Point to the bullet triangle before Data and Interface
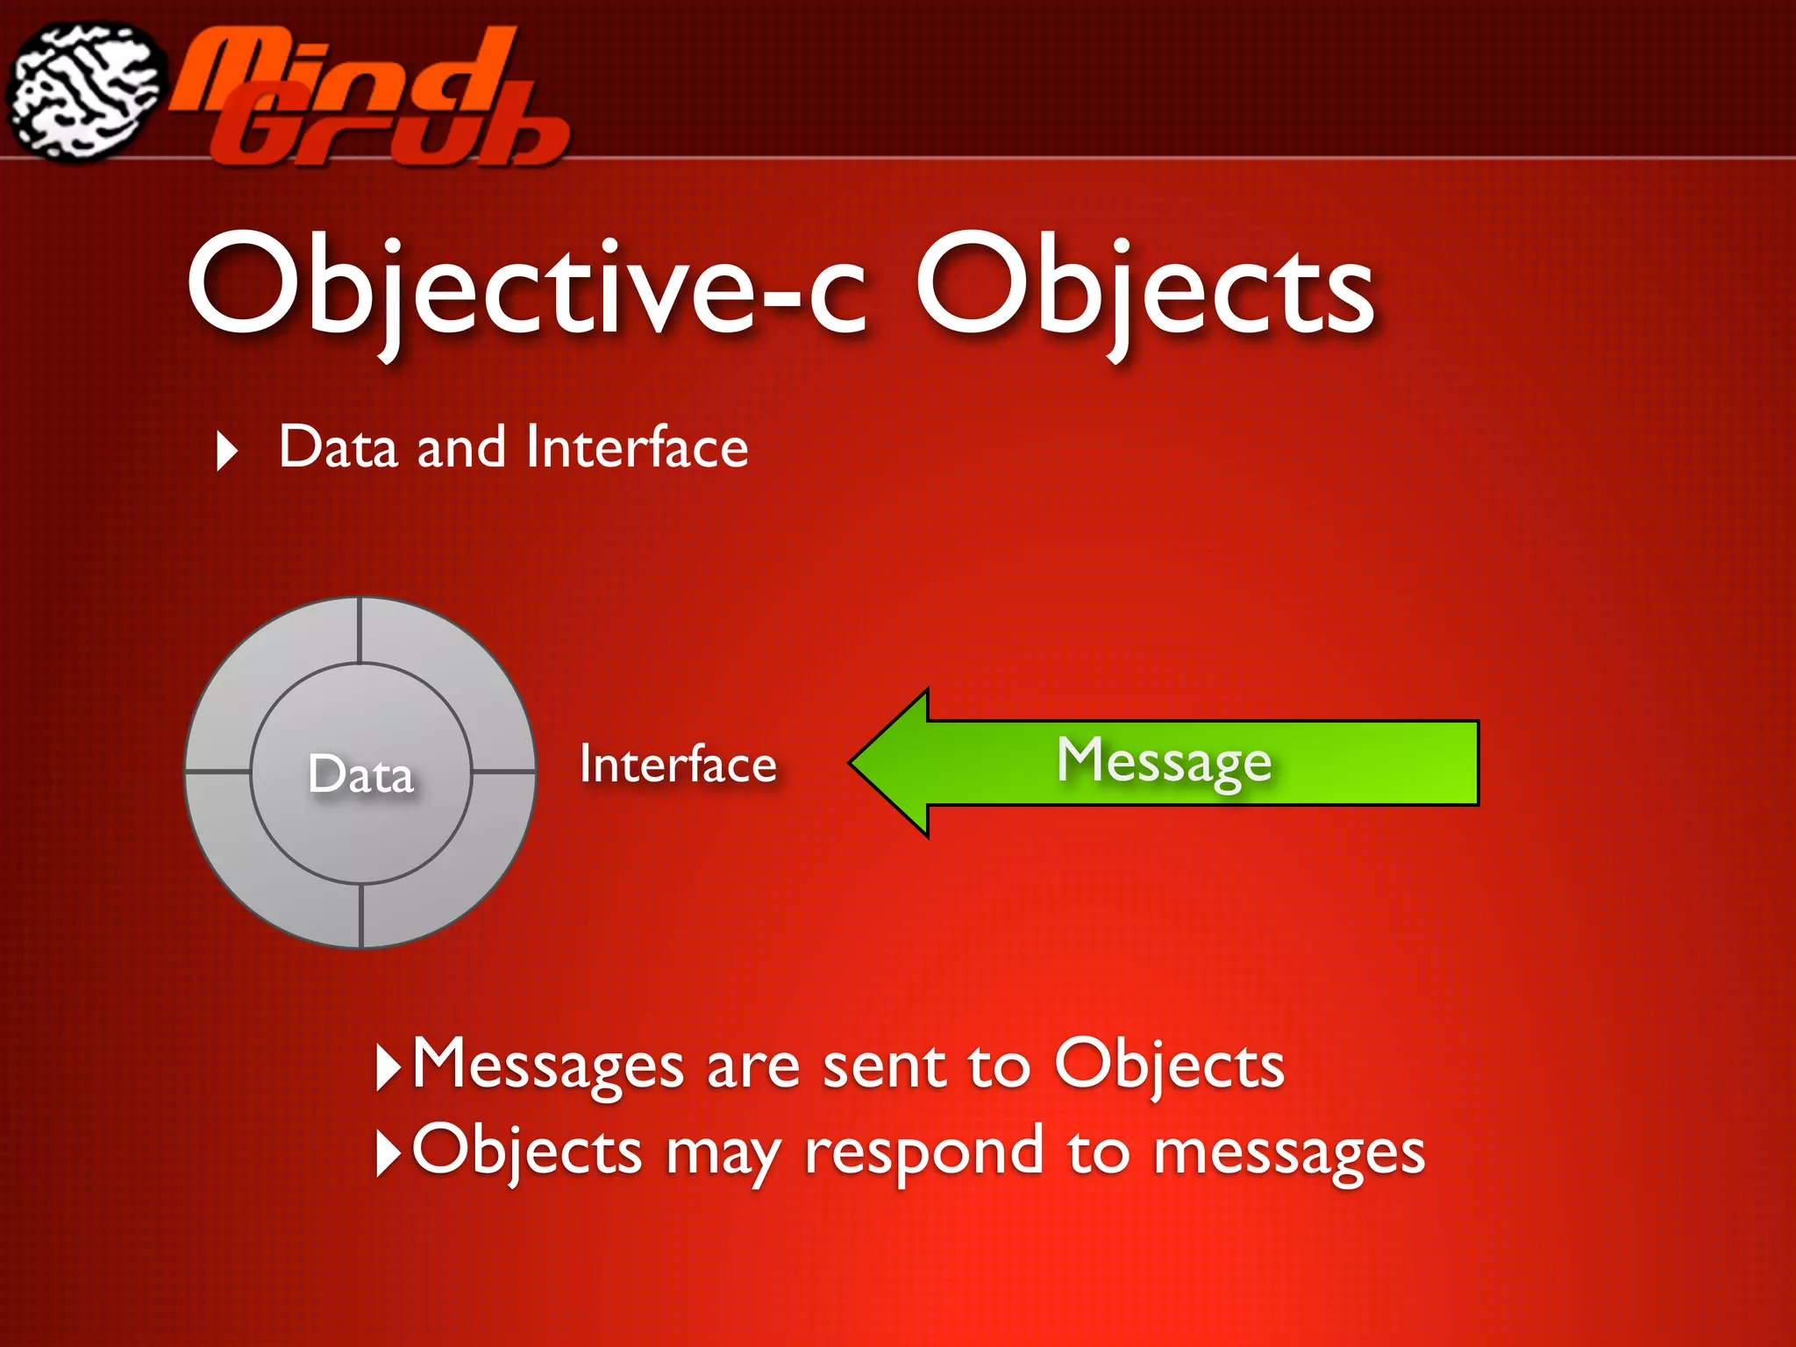[x=227, y=451]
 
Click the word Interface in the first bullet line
[x=637, y=447]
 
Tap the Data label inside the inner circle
[x=360, y=774]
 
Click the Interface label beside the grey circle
[x=678, y=764]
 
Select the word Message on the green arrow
[x=1164, y=760]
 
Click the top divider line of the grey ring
[x=360, y=630]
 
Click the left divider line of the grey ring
[x=218, y=772]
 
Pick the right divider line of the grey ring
[x=503, y=772]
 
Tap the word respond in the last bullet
[x=923, y=1152]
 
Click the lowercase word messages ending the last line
[x=1288, y=1152]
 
